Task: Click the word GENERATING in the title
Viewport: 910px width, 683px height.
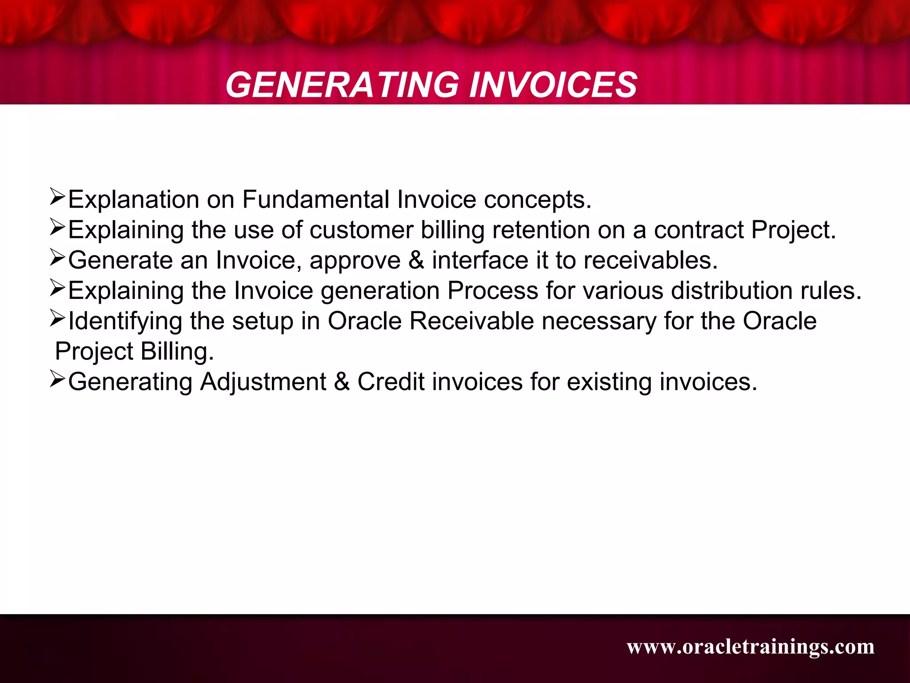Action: pyautogui.click(x=342, y=85)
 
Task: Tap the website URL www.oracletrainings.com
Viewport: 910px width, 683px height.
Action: pyautogui.click(x=750, y=647)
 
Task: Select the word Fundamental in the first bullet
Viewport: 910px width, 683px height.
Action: pyautogui.click(x=315, y=199)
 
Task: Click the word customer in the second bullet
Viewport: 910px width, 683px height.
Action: pyautogui.click(x=361, y=230)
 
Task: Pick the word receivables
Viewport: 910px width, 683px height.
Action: pyautogui.click(x=651, y=260)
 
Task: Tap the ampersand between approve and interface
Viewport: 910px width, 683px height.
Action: pyautogui.click(x=416, y=260)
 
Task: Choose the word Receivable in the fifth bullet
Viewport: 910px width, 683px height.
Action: pyautogui.click(x=471, y=321)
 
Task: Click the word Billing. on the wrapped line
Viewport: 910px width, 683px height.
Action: pyautogui.click(x=177, y=351)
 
